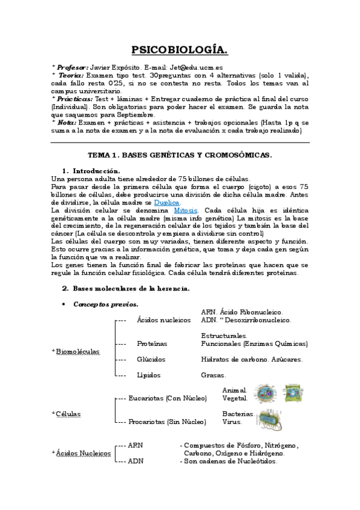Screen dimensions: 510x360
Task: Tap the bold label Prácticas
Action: (x=75, y=98)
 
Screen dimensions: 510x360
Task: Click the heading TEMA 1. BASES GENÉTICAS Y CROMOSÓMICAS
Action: (x=180, y=155)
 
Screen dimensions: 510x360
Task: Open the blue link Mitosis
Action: (x=185, y=211)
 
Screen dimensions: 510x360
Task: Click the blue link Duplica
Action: (x=166, y=203)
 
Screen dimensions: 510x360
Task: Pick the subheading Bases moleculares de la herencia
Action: (x=131, y=288)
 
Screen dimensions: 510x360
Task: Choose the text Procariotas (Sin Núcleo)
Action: (x=166, y=422)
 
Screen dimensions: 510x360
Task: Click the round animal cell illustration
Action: (x=264, y=393)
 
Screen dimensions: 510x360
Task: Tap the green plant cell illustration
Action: (x=293, y=392)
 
